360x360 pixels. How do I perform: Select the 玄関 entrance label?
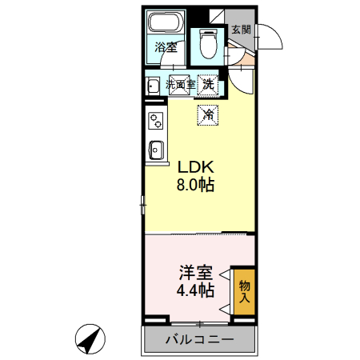point(241,30)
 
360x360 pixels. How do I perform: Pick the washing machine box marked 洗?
point(208,82)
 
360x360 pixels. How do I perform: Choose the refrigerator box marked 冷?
point(208,114)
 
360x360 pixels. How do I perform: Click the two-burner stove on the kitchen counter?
point(155,121)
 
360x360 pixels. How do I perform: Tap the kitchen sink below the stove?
point(156,150)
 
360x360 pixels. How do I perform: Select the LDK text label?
point(194,168)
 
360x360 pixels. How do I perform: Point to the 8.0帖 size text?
point(194,186)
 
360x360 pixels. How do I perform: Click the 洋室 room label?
point(194,273)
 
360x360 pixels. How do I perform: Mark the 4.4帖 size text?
point(194,290)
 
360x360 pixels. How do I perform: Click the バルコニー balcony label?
point(200,340)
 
